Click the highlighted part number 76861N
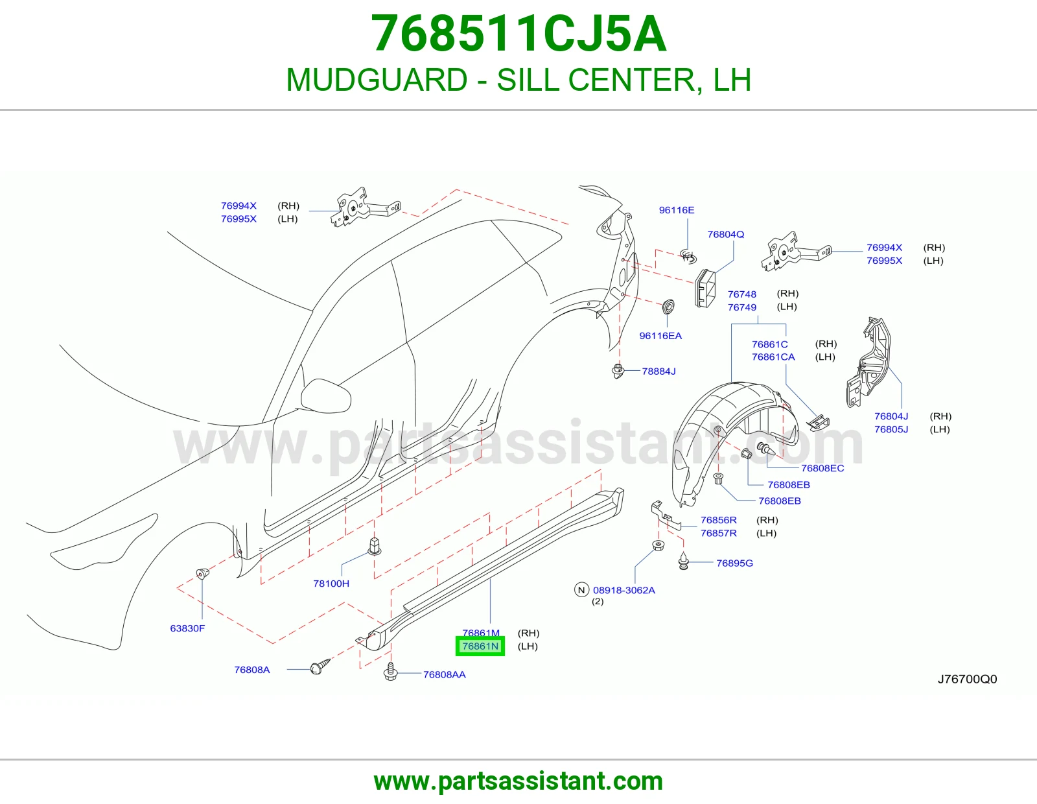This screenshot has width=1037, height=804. (x=480, y=646)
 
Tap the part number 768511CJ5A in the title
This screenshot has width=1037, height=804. (x=518, y=34)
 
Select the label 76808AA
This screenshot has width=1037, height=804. (x=445, y=674)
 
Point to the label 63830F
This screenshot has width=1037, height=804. (x=187, y=628)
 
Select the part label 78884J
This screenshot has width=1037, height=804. (x=658, y=371)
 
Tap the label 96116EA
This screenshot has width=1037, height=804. (x=660, y=336)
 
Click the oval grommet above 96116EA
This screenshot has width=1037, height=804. (x=669, y=307)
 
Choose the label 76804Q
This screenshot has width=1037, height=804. (x=725, y=234)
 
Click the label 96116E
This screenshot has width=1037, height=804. (x=676, y=209)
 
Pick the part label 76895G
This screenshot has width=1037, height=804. (x=734, y=563)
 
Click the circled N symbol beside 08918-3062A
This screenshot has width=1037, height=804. (x=581, y=590)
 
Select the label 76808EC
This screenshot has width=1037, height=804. (x=822, y=468)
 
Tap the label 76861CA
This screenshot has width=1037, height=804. (x=773, y=357)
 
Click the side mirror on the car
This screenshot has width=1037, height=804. (x=326, y=395)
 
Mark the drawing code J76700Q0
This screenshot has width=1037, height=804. (x=967, y=679)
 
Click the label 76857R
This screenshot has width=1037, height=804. (x=718, y=533)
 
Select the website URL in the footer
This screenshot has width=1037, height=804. (x=518, y=781)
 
